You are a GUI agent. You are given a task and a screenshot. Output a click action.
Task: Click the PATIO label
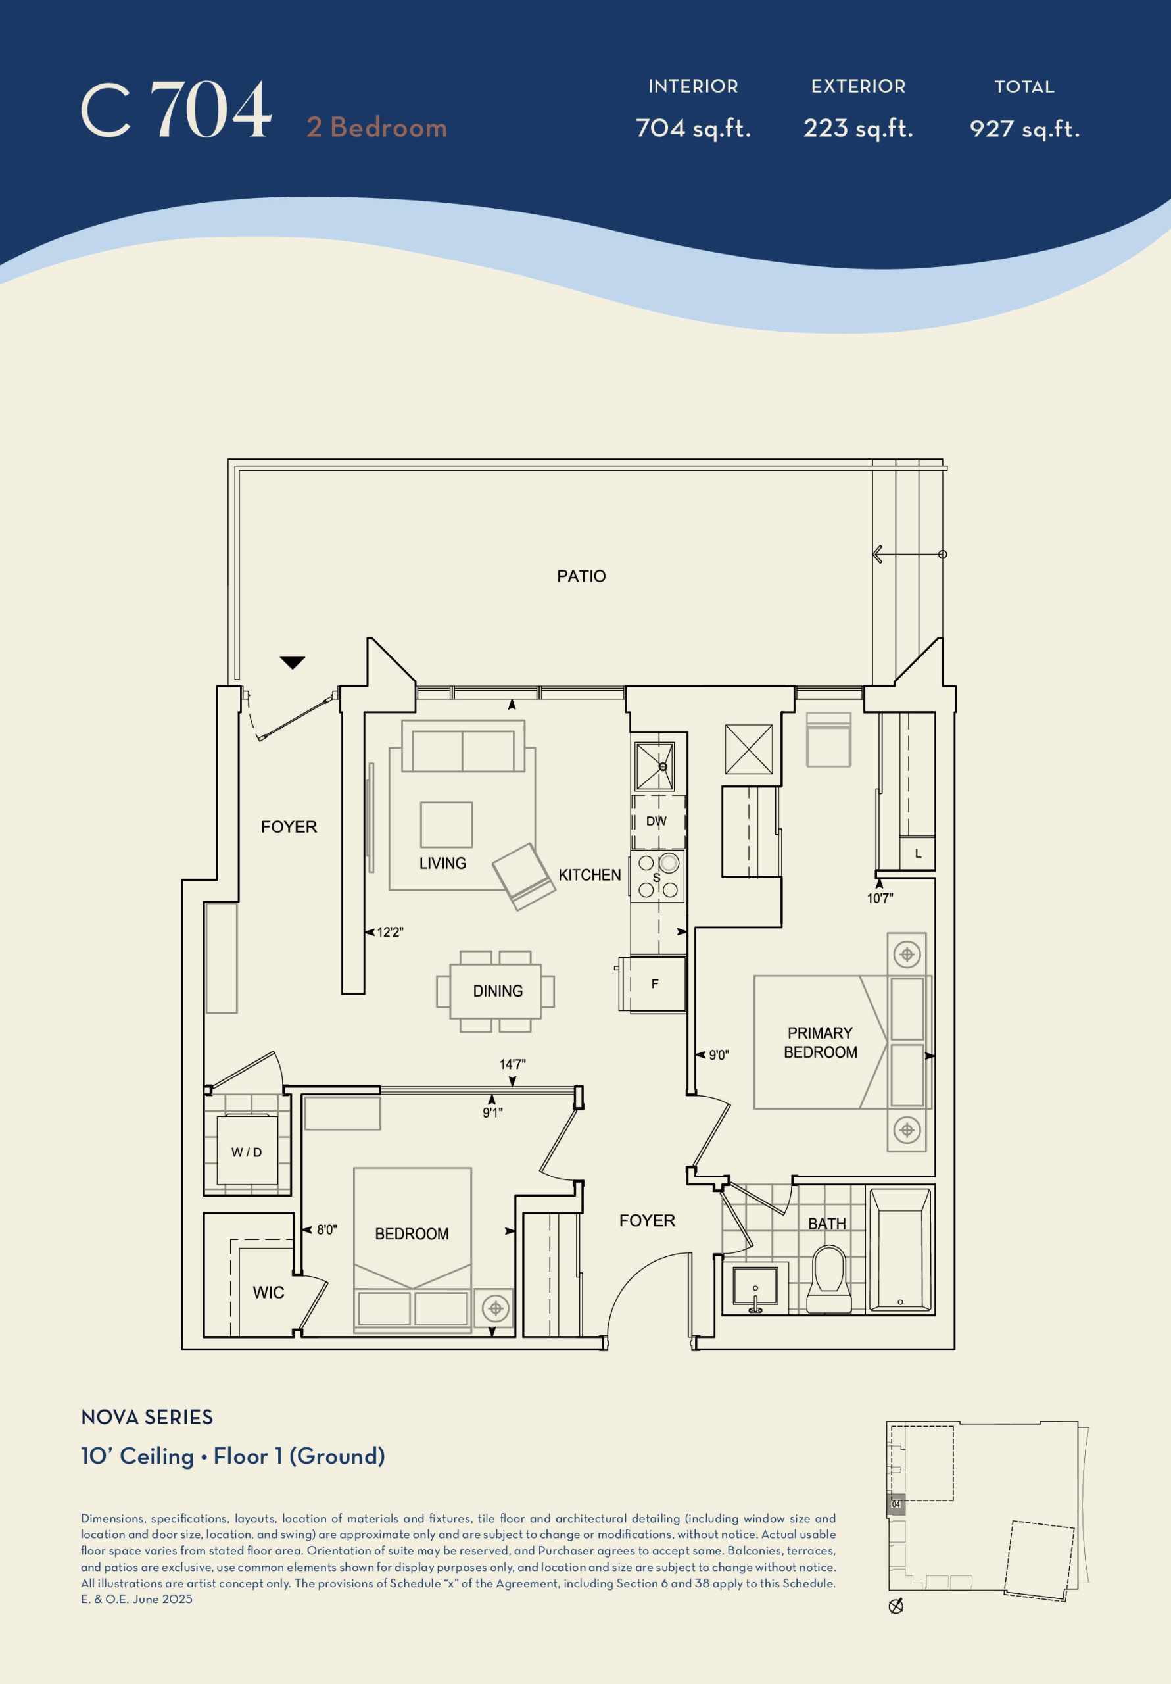tap(581, 576)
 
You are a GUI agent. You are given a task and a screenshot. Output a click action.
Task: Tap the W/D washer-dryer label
tap(247, 1152)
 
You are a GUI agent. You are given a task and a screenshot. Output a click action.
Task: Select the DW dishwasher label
tap(656, 821)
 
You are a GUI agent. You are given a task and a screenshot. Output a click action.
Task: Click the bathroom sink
tap(755, 1288)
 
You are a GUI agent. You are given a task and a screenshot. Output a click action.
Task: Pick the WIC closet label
tap(268, 1293)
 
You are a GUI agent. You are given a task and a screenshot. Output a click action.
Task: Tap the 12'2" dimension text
tap(390, 932)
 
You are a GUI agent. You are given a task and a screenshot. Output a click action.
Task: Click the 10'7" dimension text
tap(880, 899)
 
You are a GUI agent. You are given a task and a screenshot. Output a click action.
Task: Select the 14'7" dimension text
tap(513, 1064)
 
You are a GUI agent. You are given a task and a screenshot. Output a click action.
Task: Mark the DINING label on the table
tap(498, 991)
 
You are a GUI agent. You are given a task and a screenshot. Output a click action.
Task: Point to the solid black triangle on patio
tap(293, 662)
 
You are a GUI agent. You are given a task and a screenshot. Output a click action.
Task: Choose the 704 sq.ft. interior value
tap(693, 128)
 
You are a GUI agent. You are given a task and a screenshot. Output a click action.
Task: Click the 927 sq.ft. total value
tap(1024, 129)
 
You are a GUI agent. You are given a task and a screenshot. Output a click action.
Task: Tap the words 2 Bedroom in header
tap(377, 127)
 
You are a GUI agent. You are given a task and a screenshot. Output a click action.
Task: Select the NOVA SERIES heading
tap(147, 1417)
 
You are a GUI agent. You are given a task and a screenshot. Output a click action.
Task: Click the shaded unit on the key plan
tap(897, 1504)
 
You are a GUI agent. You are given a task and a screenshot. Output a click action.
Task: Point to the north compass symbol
tap(896, 1606)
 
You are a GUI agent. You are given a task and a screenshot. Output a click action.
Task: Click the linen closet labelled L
tap(917, 853)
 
